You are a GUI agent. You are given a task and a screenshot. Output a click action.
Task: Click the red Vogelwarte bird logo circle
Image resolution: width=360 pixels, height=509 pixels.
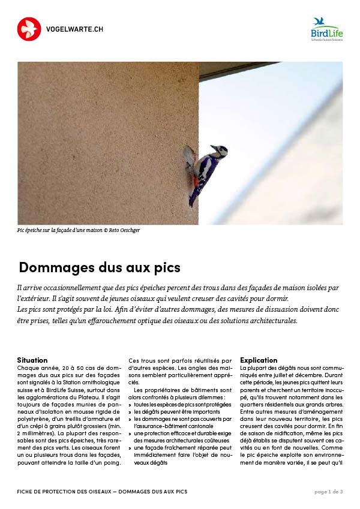point(29,29)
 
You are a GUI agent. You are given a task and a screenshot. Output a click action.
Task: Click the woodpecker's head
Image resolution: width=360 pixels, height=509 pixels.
point(217,150)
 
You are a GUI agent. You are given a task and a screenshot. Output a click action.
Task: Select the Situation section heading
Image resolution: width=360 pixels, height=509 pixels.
point(32,360)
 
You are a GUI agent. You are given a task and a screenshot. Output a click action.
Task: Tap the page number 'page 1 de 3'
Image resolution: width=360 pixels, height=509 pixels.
point(329,492)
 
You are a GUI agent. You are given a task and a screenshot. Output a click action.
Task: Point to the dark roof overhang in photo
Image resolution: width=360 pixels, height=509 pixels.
point(234,70)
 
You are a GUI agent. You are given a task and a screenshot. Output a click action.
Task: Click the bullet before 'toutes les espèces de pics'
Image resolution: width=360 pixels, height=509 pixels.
point(130,405)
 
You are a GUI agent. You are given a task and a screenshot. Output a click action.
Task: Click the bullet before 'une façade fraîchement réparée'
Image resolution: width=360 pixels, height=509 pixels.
point(130,448)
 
